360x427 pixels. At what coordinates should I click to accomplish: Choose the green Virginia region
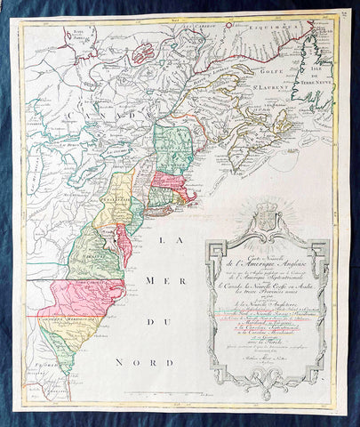89,258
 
